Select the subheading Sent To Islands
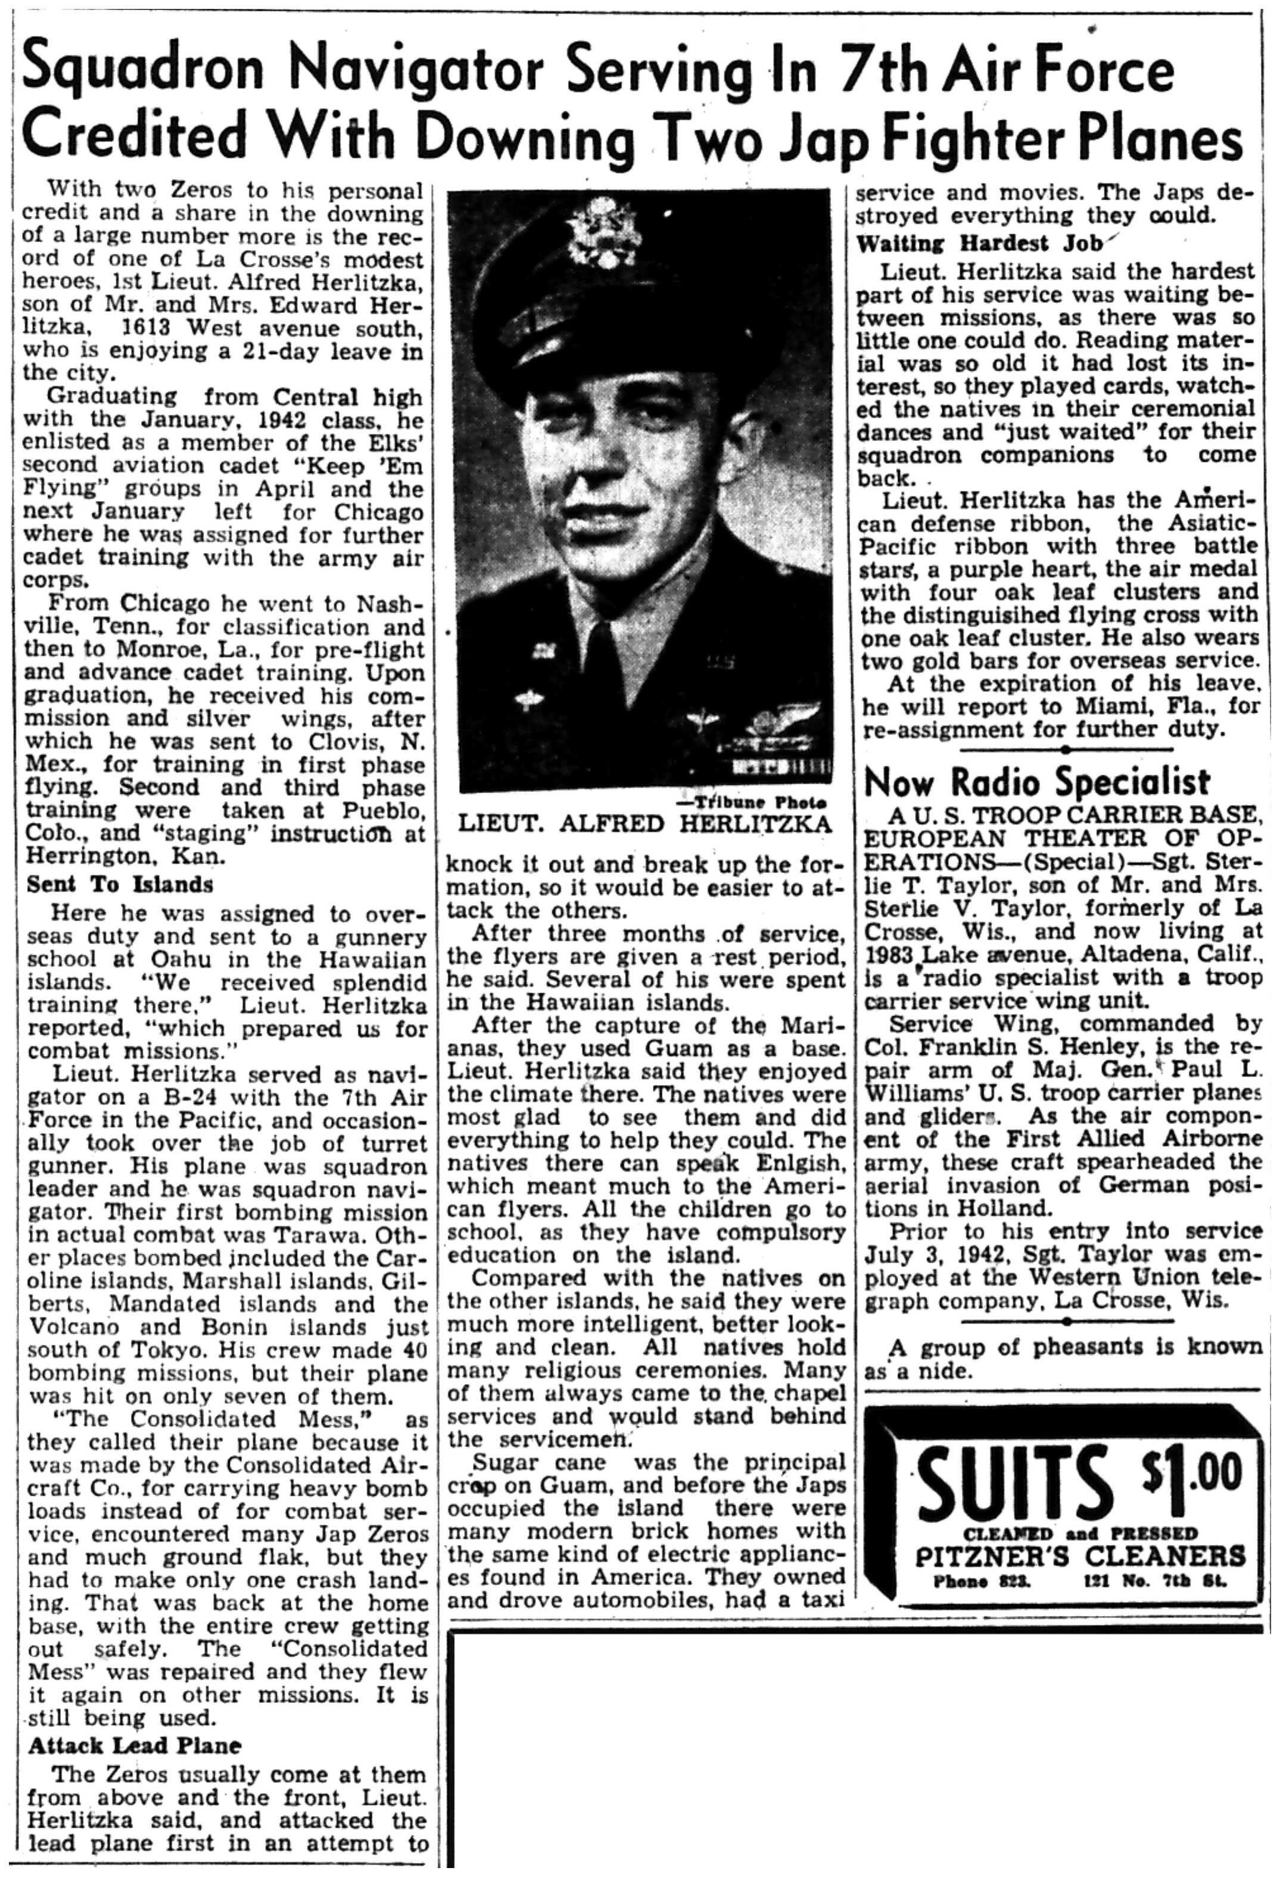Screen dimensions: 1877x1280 tap(120, 884)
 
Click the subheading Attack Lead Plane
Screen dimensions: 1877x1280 tap(135, 1745)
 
